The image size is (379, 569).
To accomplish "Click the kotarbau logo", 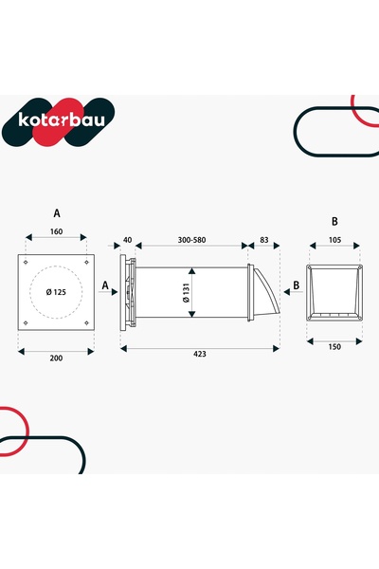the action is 58,121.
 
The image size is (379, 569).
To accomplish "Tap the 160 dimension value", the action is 56,231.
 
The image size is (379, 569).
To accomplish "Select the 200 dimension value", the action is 56,358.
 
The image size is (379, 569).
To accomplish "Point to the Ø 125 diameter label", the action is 56,292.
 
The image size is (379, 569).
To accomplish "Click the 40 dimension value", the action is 128,240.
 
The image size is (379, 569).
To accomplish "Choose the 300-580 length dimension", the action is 191,240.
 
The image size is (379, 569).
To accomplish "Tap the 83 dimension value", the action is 264,240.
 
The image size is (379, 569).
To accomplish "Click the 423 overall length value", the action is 200,354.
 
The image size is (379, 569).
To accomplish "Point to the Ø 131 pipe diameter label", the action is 186,292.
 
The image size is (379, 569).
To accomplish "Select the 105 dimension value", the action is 334,240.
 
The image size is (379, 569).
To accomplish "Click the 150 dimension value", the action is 334,347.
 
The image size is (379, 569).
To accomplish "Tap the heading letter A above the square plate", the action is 57,213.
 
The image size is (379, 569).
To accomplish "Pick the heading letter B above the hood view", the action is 334,221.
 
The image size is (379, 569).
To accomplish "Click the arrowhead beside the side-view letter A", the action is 115,292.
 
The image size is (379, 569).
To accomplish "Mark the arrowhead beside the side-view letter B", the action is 286,292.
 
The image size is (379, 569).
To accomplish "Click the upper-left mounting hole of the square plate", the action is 26,263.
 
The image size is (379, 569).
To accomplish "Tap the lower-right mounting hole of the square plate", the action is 86,322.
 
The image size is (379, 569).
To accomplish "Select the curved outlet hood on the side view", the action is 266,292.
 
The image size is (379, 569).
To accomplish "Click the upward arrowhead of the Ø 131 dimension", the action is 192,271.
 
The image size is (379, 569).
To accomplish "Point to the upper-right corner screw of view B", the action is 360,267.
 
